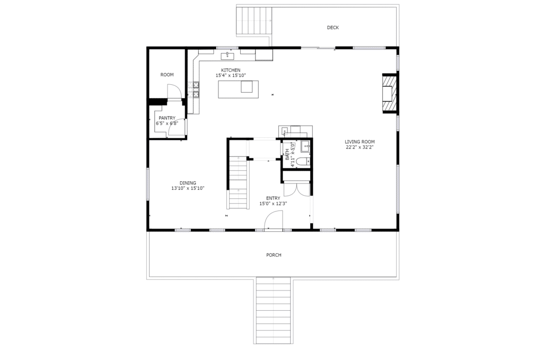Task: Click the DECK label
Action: click(x=333, y=28)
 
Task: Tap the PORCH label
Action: click(x=274, y=255)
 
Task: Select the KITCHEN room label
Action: click(x=231, y=71)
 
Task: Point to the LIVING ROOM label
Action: click(x=360, y=142)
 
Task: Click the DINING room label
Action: click(x=188, y=183)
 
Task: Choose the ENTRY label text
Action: click(x=273, y=198)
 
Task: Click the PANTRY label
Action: click(x=167, y=118)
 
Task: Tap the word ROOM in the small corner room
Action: click(x=167, y=75)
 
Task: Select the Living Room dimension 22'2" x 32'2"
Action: click(x=360, y=147)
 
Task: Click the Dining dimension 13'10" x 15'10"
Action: click(x=188, y=189)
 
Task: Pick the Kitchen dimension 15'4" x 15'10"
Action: click(x=231, y=75)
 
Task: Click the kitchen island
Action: click(x=238, y=89)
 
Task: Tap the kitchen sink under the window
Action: click(x=227, y=56)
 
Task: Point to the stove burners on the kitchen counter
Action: click(x=194, y=89)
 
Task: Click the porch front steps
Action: click(x=273, y=311)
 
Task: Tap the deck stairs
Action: click(x=254, y=20)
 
